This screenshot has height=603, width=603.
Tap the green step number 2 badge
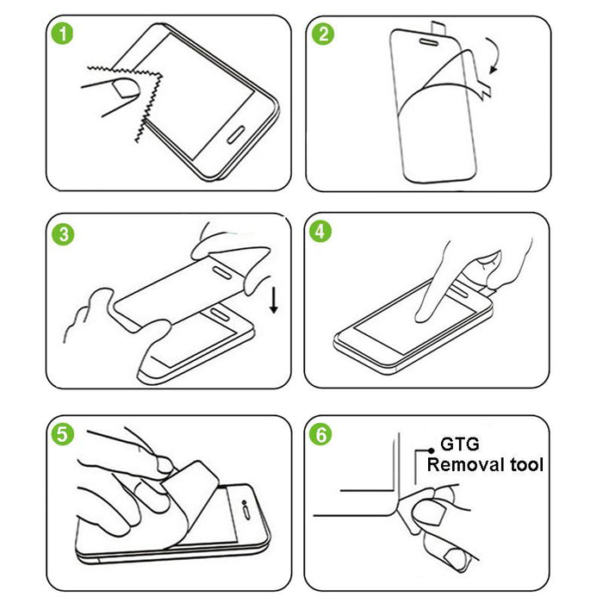click(324, 35)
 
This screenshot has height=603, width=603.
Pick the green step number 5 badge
click(62, 433)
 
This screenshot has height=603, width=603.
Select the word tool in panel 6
click(525, 465)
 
